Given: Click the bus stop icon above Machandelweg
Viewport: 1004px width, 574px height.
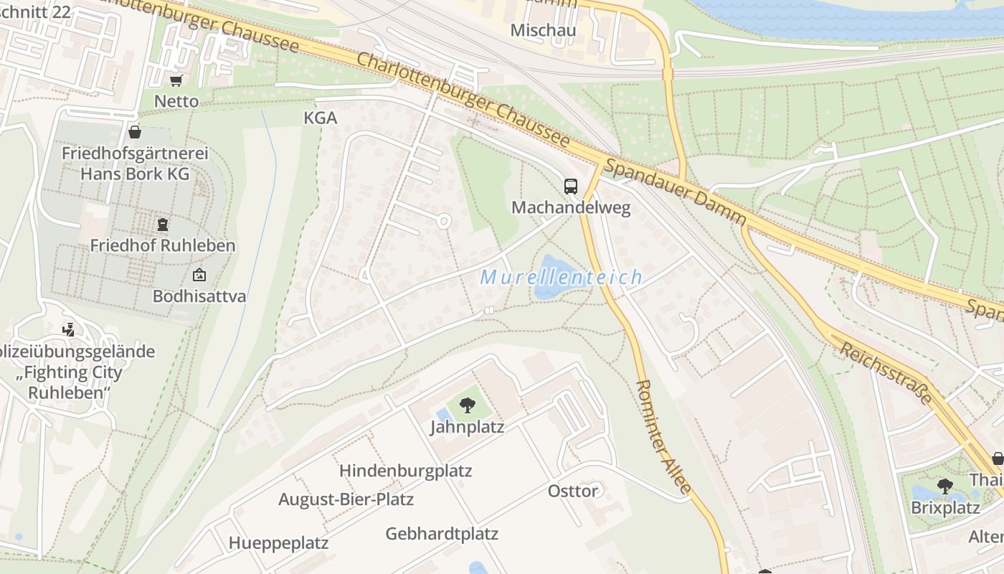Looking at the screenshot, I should [571, 187].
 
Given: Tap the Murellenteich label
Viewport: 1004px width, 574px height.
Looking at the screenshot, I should [561, 278].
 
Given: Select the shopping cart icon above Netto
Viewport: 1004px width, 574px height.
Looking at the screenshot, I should [176, 81].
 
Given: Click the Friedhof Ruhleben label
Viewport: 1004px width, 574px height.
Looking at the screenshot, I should [162, 245].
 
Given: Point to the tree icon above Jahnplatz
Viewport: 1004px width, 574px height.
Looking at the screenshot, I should [467, 405].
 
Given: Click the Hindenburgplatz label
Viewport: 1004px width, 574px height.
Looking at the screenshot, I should [405, 471].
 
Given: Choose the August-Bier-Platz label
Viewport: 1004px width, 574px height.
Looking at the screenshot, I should [346, 499].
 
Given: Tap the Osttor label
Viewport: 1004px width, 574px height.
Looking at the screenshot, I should [572, 491].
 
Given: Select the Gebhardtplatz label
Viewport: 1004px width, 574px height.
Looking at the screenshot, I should [442, 534].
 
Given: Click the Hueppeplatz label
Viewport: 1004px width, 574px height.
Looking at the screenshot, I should [278, 543].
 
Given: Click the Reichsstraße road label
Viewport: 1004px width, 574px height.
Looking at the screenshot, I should [885, 372].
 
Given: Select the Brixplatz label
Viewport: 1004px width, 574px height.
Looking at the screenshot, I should [945, 508].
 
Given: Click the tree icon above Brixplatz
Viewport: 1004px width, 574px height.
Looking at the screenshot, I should [945, 486].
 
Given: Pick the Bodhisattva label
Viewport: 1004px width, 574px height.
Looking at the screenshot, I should [199, 296].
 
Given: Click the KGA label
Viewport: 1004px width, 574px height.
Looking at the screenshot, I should [321, 118].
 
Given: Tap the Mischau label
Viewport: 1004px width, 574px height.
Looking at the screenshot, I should [543, 30].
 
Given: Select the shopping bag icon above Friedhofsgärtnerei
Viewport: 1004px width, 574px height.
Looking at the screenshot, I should [134, 132].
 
